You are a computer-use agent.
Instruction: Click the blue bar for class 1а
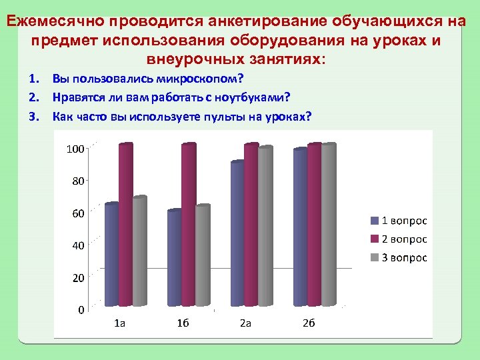[111, 255]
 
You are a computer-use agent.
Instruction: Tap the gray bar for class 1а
[139, 251]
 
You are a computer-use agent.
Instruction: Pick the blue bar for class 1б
[174, 258]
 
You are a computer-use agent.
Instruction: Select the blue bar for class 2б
[300, 227]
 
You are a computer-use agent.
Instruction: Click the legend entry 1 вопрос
[399, 221]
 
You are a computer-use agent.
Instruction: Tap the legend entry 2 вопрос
[399, 239]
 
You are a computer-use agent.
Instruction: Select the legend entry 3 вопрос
[399, 258]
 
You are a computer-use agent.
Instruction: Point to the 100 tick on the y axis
[75, 148]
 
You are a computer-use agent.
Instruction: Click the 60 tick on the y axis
[77, 213]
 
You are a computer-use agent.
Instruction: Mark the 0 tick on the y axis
[80, 310]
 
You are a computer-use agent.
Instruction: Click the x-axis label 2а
[245, 323]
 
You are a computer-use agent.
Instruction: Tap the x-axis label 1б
[183, 323]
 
